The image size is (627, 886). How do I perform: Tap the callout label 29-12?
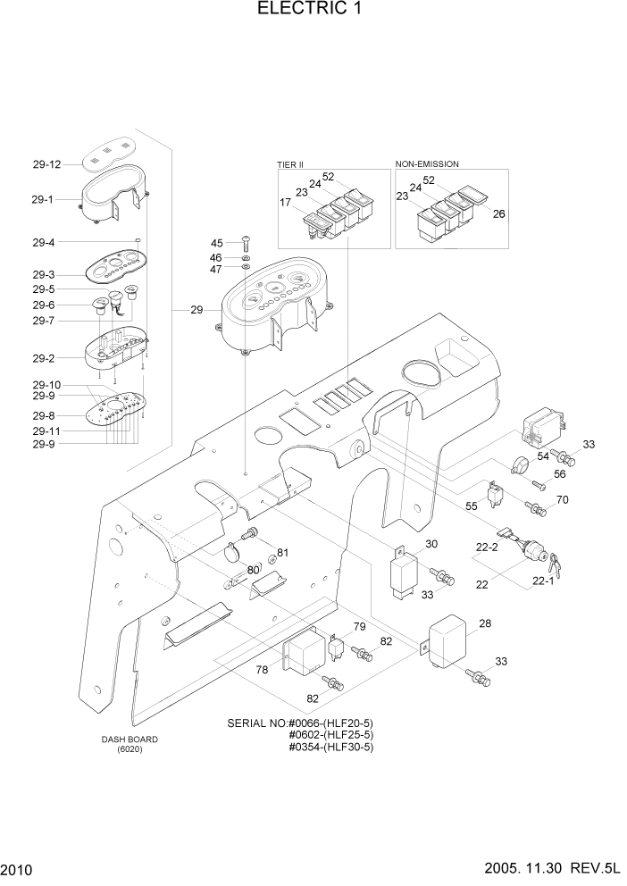[46, 164]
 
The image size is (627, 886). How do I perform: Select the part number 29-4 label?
[44, 242]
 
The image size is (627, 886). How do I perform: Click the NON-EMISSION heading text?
[427, 164]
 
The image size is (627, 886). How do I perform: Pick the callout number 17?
[285, 204]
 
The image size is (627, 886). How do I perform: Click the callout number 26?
[498, 213]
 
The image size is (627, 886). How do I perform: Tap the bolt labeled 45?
[246, 242]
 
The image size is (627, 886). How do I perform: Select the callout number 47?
[216, 269]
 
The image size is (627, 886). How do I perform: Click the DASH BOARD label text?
[130, 740]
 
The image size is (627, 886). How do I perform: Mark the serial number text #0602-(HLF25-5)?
[330, 734]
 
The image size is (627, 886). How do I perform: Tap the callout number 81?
[282, 552]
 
